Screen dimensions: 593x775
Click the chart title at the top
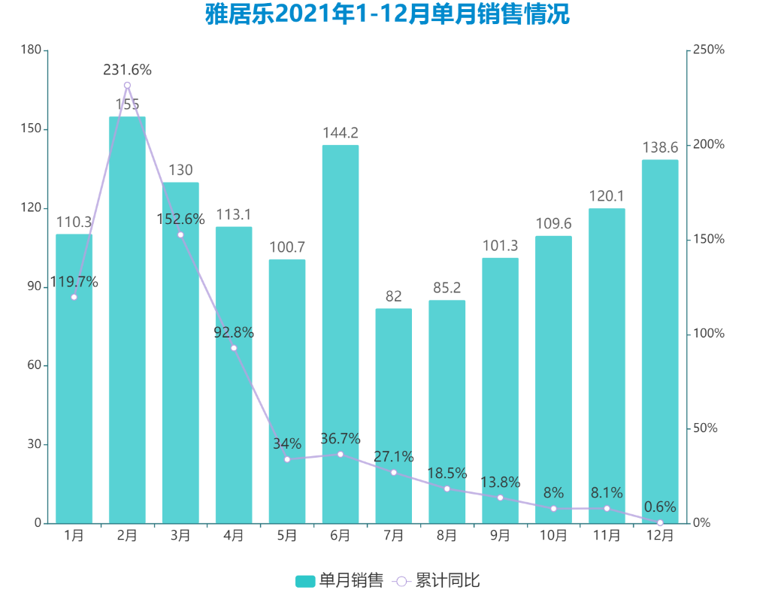coord(387,14)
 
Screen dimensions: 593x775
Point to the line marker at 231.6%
coord(127,86)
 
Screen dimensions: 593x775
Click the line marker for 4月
coord(234,348)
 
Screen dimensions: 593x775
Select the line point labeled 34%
coord(287,459)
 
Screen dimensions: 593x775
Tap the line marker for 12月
coord(660,522)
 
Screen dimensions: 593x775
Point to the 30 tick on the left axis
coord(33,444)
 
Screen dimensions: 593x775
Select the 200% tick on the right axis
coord(709,144)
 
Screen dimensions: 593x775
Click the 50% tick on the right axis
coord(706,428)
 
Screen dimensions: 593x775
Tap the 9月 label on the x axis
coord(500,536)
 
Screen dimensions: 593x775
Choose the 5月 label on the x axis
coord(287,536)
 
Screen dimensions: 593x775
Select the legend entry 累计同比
coord(437,581)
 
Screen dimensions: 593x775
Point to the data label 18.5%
coord(447,473)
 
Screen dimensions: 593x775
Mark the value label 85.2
coord(447,287)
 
